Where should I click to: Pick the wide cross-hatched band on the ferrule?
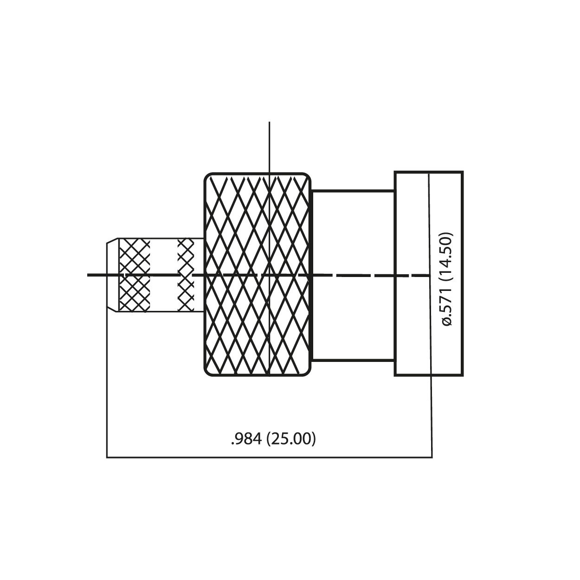[x=135, y=276]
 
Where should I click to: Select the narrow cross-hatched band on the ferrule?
[x=186, y=276]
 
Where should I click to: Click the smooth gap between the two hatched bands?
[x=165, y=260]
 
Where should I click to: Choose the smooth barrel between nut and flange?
[x=353, y=232]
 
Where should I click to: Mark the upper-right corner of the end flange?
[x=462, y=173]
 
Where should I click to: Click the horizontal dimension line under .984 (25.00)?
[x=269, y=458]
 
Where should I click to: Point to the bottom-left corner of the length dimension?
[x=107, y=458]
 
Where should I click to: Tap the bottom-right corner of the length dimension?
[x=432, y=458]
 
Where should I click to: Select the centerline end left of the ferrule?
[x=89, y=276]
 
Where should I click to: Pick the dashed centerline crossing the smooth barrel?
[x=353, y=276]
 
